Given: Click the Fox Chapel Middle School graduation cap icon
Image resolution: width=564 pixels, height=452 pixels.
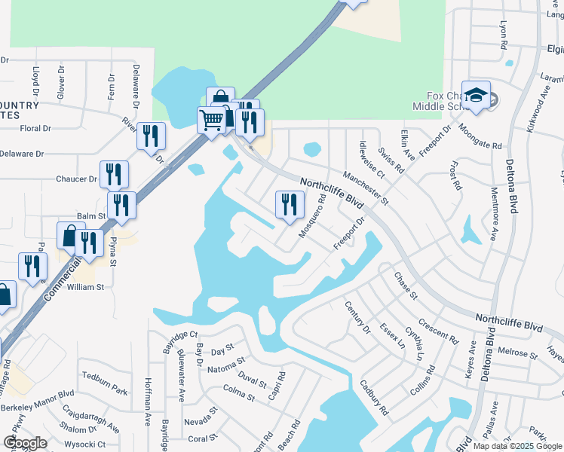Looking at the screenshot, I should (x=476, y=94).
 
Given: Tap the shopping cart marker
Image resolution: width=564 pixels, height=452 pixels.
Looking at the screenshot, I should (x=212, y=119).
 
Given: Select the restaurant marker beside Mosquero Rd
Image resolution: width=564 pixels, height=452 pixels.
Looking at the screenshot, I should (x=288, y=204).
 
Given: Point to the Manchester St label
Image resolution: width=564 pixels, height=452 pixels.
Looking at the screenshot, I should (x=365, y=188).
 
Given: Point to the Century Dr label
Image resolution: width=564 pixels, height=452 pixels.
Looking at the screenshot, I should (x=358, y=316).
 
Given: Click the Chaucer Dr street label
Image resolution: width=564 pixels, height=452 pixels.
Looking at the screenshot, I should (x=76, y=179).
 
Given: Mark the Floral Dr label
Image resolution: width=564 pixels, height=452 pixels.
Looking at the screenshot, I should (x=35, y=128).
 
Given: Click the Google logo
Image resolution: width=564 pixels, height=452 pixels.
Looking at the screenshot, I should (x=24, y=443).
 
